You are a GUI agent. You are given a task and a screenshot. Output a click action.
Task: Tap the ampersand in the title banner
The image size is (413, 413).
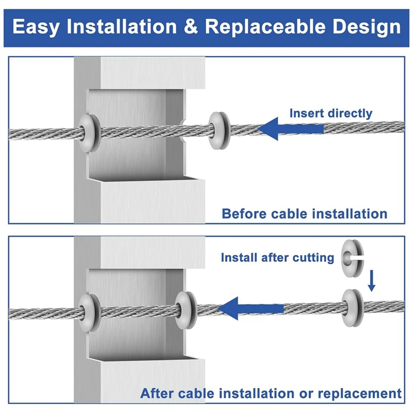point(192,26)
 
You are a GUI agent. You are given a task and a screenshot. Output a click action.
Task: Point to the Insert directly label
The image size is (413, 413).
point(330,113)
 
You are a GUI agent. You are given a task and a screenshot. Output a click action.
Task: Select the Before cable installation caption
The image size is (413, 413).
point(305,213)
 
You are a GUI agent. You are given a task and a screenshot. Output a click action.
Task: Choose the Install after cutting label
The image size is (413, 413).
point(278,257)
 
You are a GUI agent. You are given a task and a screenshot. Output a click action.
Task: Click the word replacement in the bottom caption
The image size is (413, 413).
point(359,393)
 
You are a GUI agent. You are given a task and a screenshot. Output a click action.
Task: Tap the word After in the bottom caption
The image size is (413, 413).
point(158,393)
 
